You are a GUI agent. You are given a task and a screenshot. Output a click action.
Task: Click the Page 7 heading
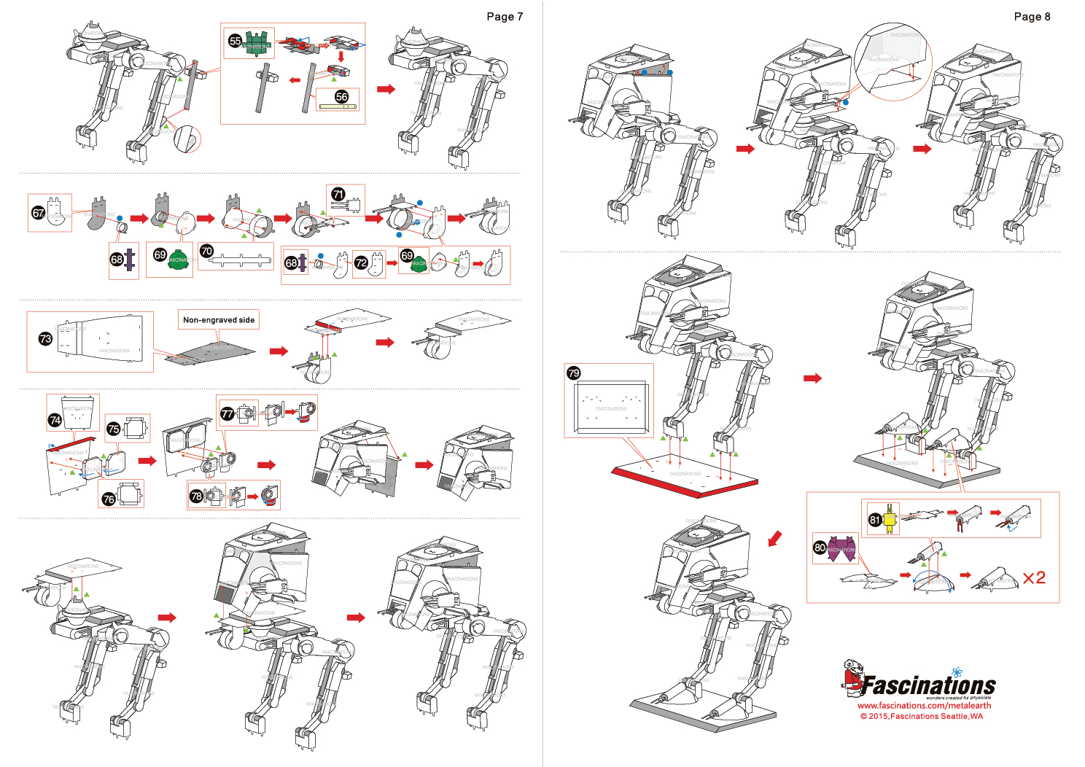click(505, 17)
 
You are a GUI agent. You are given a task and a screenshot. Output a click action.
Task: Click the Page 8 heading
click(1032, 17)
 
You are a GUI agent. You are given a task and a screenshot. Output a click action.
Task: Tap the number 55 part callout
click(235, 41)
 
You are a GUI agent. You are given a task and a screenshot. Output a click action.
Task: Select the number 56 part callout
click(341, 97)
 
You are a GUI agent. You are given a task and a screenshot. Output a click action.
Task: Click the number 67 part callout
click(38, 213)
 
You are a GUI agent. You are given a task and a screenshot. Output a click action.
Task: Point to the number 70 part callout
click(206, 251)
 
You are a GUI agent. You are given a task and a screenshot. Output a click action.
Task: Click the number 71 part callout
click(338, 194)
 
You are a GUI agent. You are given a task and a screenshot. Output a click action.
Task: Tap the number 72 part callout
click(361, 262)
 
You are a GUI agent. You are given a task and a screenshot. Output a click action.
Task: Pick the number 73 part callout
click(45, 339)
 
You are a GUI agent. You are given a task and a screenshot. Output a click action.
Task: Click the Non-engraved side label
click(219, 319)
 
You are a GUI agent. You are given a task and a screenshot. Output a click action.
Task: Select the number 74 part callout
click(55, 420)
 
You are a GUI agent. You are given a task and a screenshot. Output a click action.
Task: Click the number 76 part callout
click(109, 499)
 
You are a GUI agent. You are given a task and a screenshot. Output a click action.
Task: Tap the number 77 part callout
click(227, 414)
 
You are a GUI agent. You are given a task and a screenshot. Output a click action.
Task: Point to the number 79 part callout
click(574, 373)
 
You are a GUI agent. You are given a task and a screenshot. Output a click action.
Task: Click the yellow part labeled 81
click(890, 518)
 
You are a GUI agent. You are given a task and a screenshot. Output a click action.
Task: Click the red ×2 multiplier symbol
click(1034, 578)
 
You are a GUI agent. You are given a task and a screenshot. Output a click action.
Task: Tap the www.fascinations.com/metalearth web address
click(924, 705)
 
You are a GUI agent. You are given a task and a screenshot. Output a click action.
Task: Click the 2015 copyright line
click(921, 716)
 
